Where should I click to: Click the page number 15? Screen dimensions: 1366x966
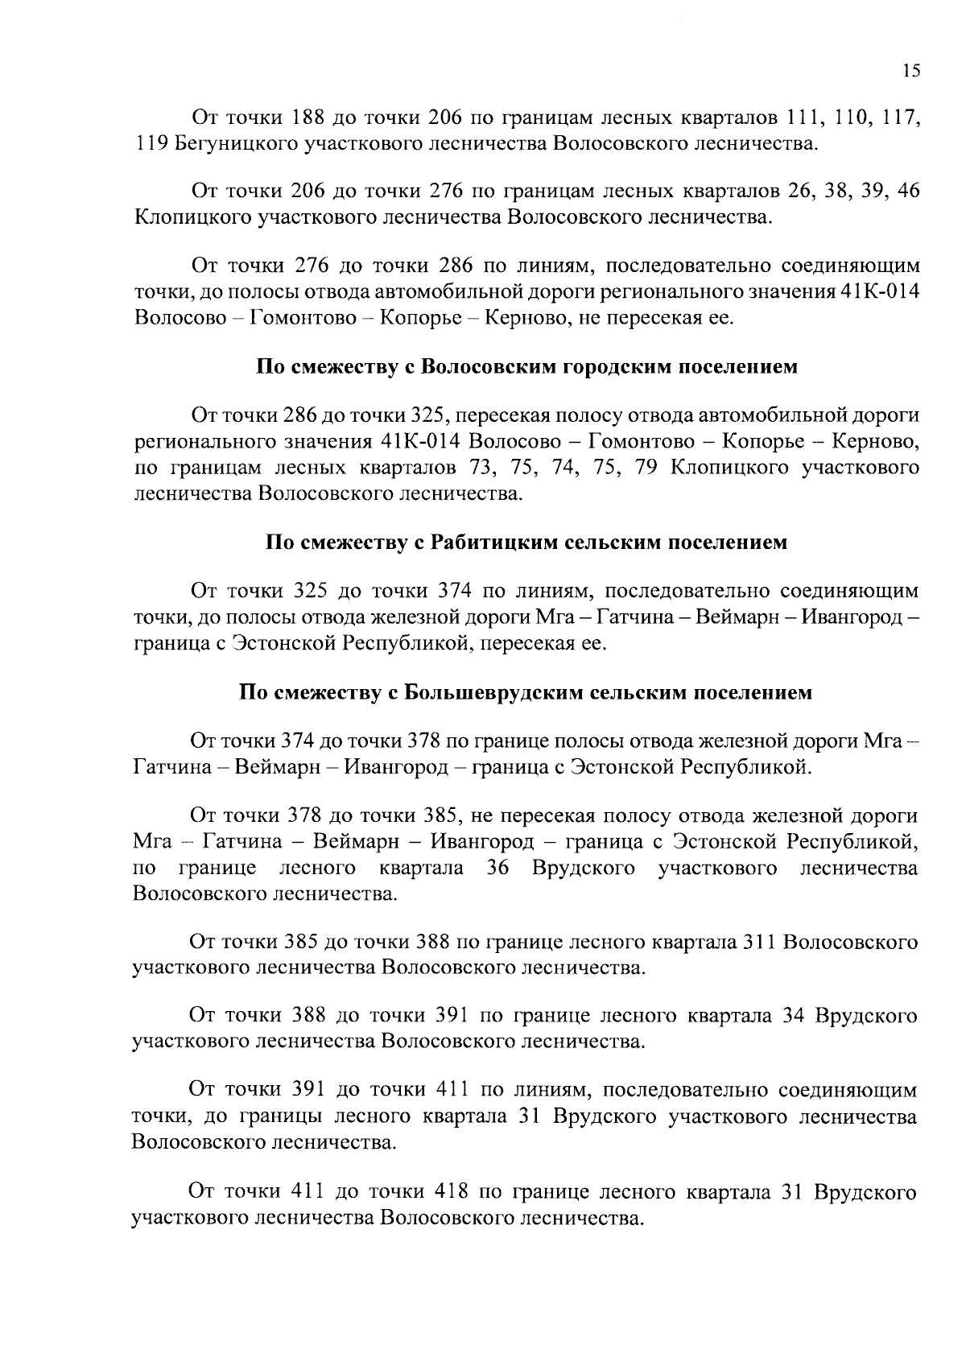click(910, 71)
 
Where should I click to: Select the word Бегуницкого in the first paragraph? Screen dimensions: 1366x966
click(228, 144)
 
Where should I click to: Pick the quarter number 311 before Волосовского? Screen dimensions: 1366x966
click(757, 942)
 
